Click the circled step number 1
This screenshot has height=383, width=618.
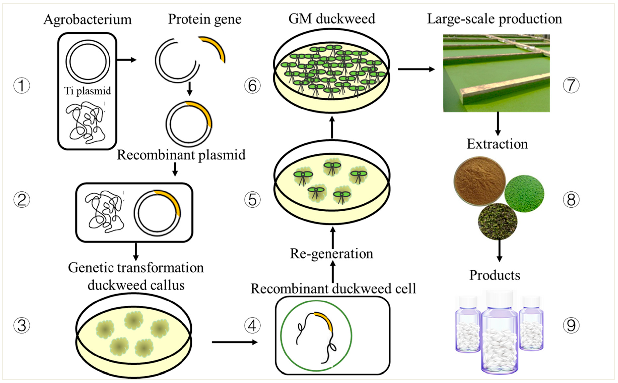click(x=22, y=86)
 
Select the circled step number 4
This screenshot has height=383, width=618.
click(x=252, y=326)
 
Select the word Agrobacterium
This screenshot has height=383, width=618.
click(x=88, y=20)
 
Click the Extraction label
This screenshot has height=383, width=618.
click(x=497, y=144)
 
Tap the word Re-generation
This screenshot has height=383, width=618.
click(x=332, y=254)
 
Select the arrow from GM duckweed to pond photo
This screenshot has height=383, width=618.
click(x=416, y=69)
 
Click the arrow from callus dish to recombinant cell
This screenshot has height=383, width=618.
click(x=234, y=342)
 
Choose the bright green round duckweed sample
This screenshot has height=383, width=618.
click(x=524, y=194)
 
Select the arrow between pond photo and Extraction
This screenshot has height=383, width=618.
click(x=498, y=124)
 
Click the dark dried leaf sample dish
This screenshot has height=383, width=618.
click(x=498, y=221)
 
